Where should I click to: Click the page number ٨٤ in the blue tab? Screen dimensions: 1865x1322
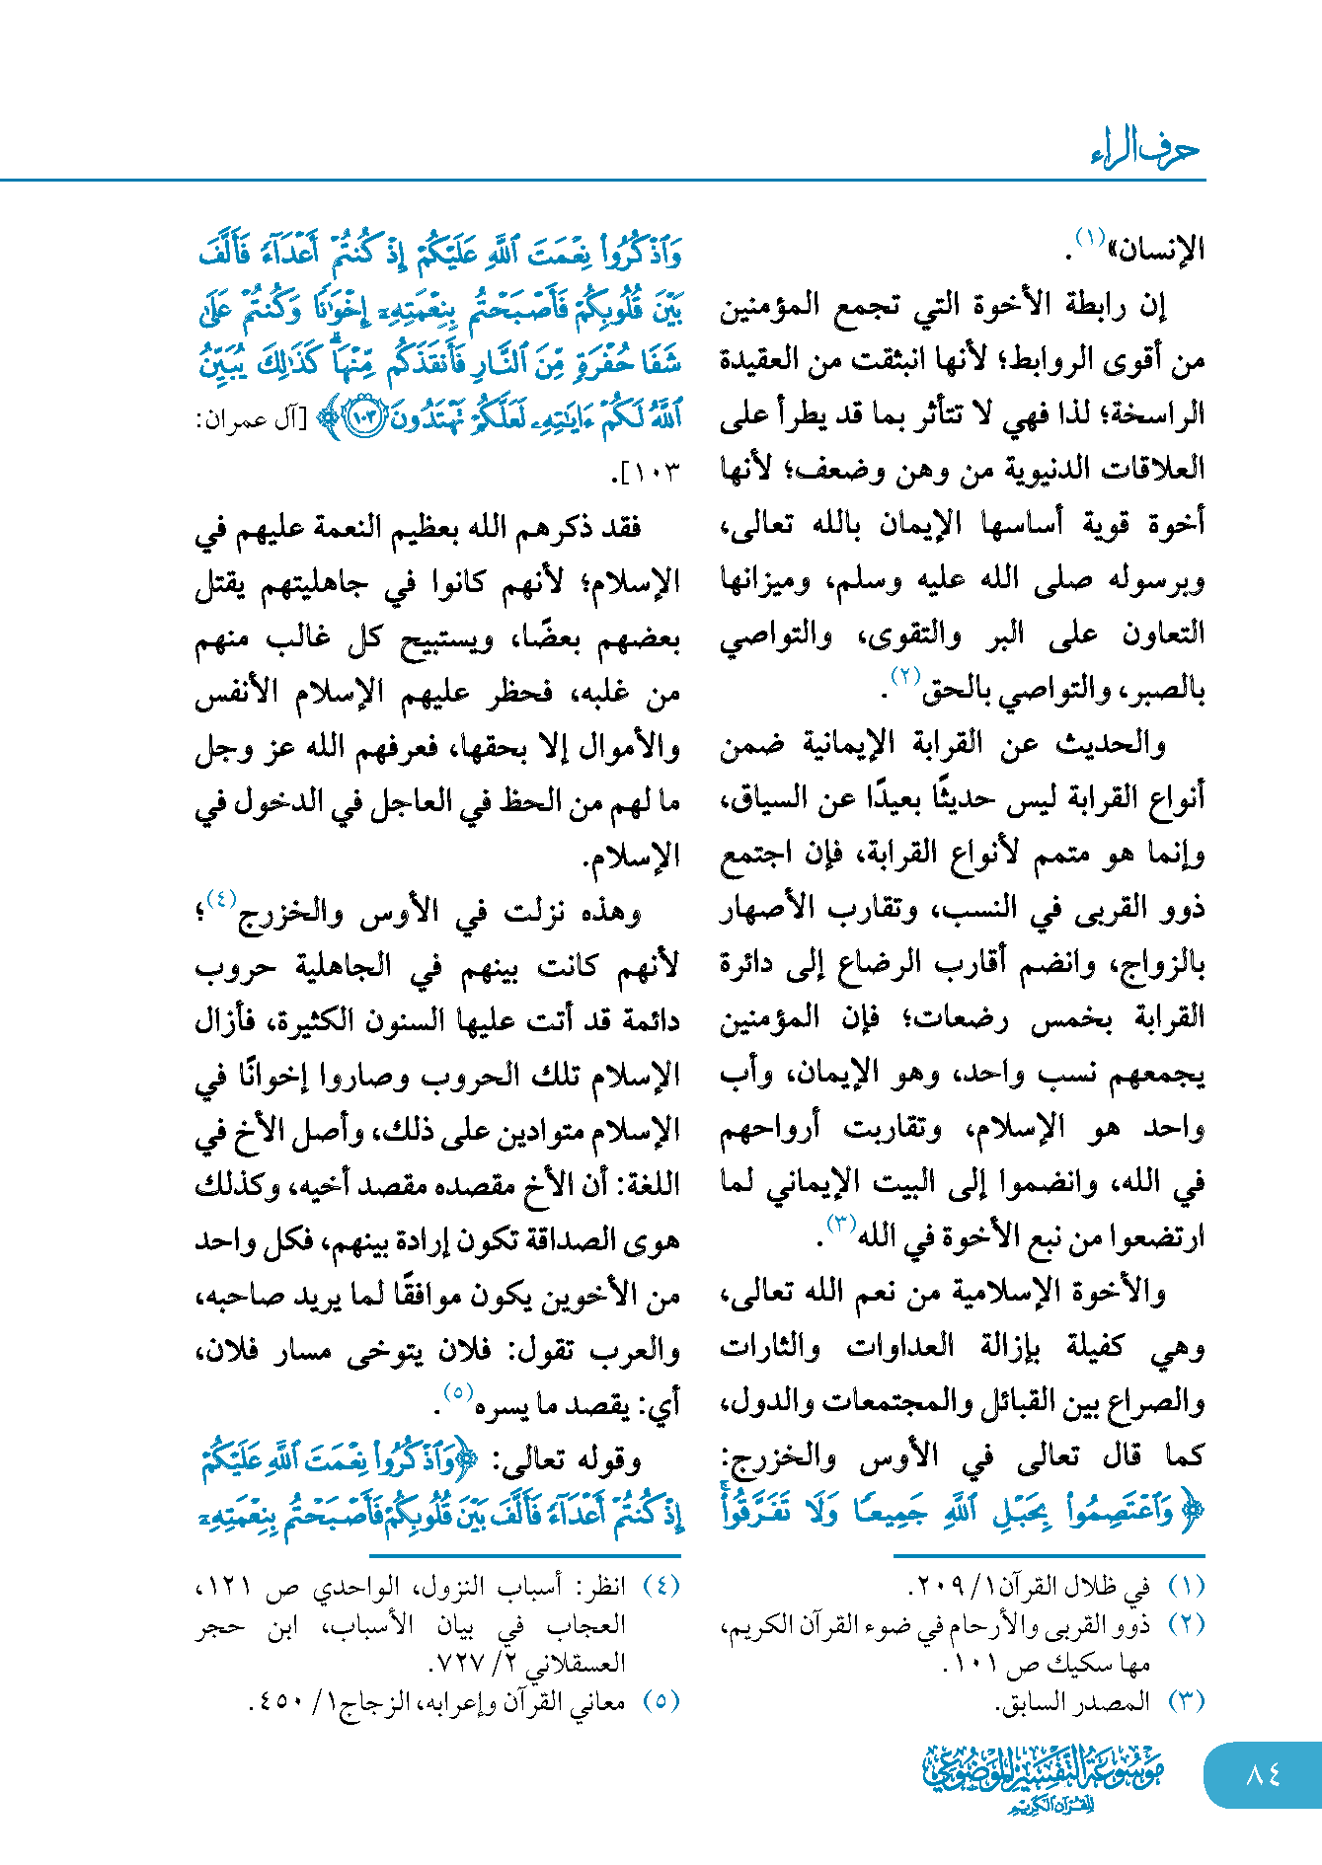1263,1774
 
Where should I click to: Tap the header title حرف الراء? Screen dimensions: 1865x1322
1145,149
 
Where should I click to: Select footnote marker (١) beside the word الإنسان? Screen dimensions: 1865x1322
1089,238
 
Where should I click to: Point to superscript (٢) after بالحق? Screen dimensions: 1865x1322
905,676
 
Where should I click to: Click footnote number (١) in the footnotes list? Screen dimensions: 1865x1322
1186,1586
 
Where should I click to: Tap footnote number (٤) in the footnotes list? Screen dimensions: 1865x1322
661,1586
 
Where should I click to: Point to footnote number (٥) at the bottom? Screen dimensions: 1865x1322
661,1701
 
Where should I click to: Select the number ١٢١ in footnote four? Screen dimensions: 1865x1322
225,1586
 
